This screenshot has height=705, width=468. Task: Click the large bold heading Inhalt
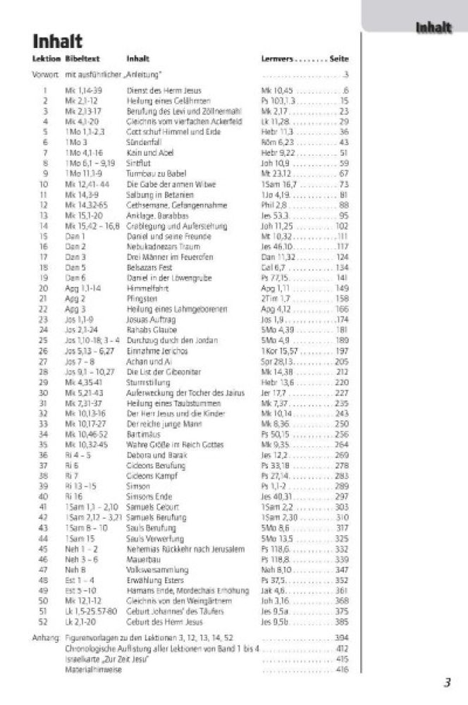(58, 42)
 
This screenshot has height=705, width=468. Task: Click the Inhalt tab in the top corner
(433, 27)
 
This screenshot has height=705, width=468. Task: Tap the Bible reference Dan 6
(75, 278)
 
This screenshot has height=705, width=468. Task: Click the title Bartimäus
(142, 434)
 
